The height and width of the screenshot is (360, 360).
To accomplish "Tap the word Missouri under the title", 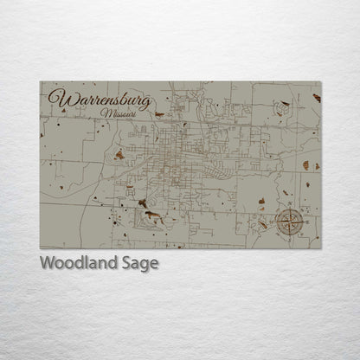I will tap(119, 114).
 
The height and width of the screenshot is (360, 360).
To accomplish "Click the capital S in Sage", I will tap(125, 263).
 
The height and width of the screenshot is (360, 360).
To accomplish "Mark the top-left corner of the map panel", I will tap(40, 81).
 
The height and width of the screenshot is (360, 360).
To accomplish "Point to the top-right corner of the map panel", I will tap(321, 81).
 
